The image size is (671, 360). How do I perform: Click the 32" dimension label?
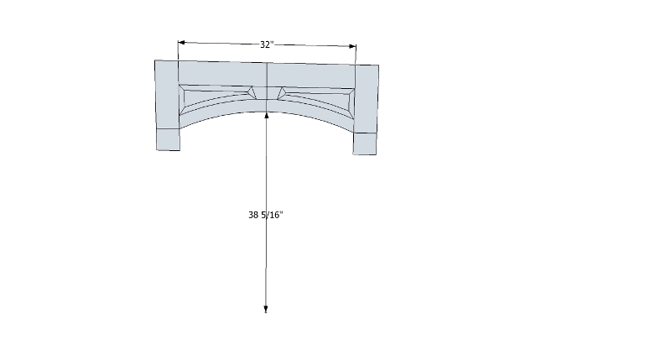point(267,44)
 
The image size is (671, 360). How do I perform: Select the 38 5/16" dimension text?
point(266,215)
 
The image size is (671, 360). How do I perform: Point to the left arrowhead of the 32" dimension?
point(181,43)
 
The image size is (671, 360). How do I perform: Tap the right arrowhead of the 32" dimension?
point(352,46)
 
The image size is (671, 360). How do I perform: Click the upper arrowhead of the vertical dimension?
point(267,115)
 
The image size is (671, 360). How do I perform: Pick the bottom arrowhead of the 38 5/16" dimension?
point(266,310)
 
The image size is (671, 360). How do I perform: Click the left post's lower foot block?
point(168,139)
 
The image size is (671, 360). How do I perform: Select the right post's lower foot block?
point(365,143)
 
